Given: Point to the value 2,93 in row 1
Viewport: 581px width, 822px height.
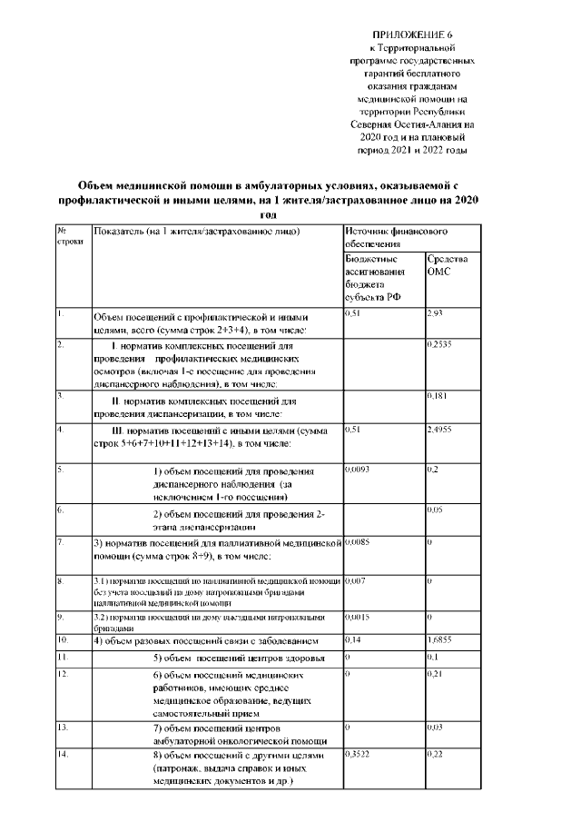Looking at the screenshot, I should click(x=435, y=313).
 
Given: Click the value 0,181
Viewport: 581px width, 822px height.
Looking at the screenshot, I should click(x=437, y=397).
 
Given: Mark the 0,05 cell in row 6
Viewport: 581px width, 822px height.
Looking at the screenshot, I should click(x=435, y=511).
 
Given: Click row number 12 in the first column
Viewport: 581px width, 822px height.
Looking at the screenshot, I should click(x=63, y=676).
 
